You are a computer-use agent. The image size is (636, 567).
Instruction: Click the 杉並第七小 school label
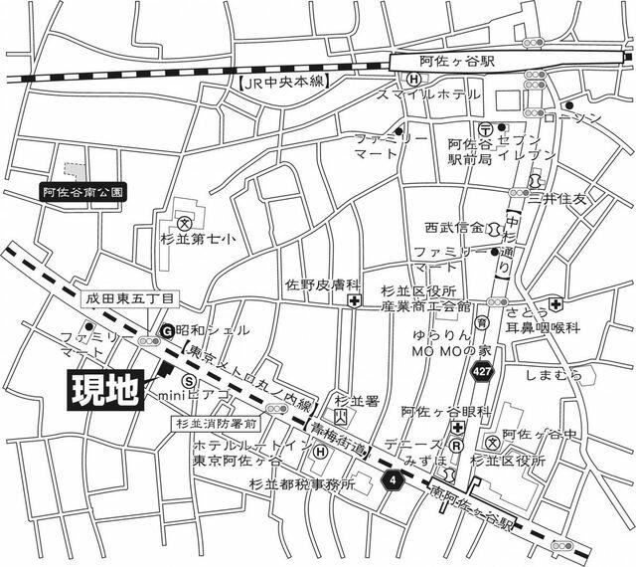tap(199, 239)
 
